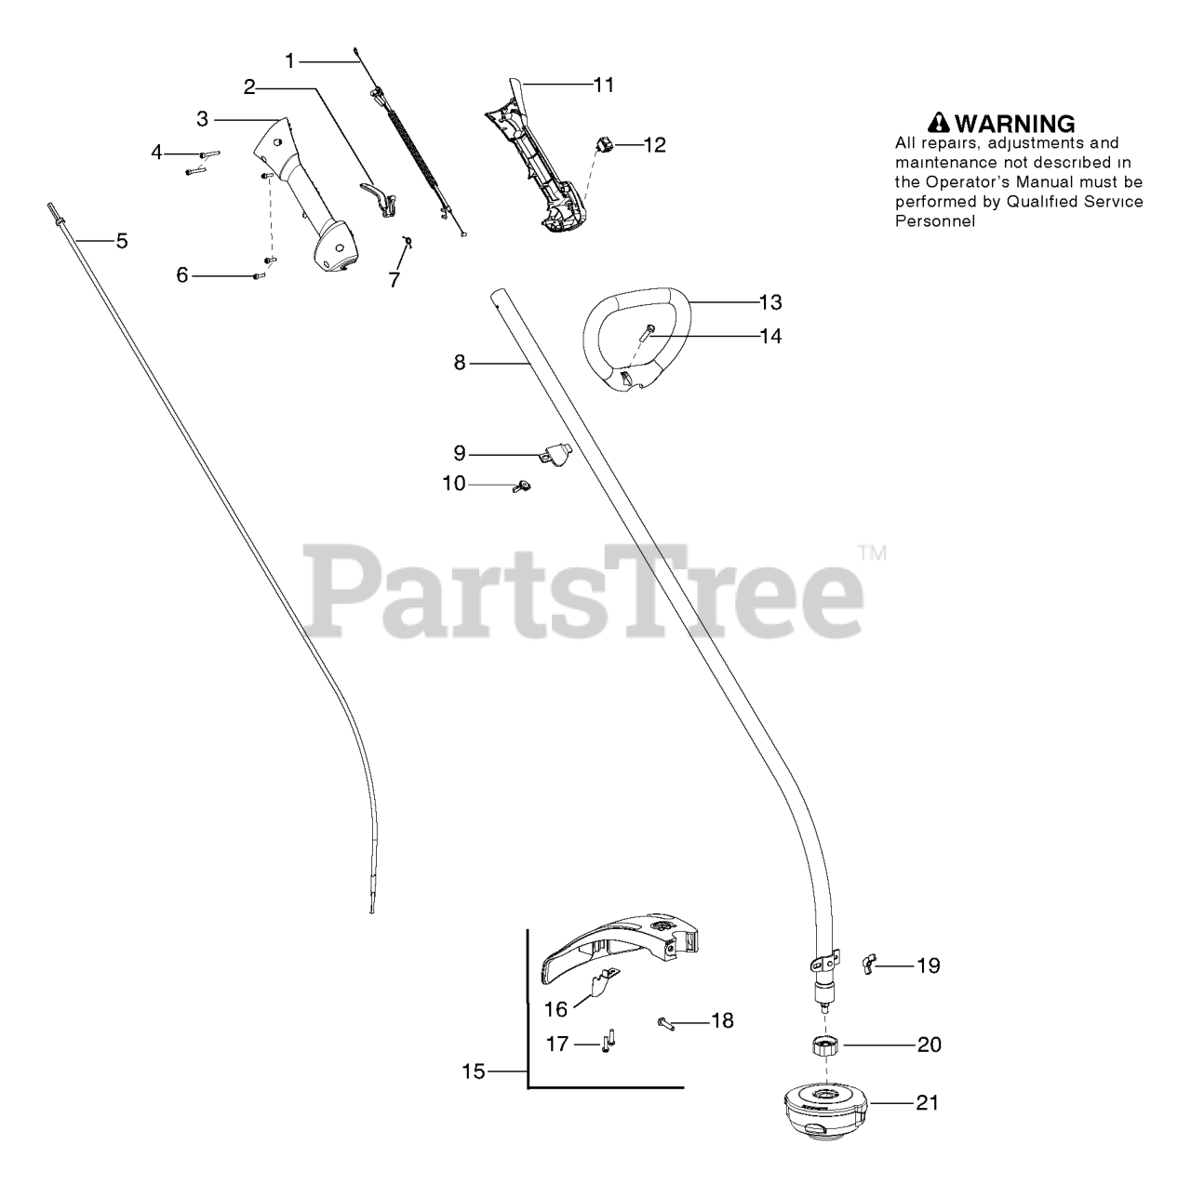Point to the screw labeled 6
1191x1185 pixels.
(258, 275)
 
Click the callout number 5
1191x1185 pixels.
(122, 242)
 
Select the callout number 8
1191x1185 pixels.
(459, 363)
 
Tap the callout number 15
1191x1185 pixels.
(474, 1072)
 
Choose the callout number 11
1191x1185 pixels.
(604, 85)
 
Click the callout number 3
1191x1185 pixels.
(202, 119)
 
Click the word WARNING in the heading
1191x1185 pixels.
(1015, 123)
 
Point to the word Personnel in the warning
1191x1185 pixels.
(935, 221)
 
